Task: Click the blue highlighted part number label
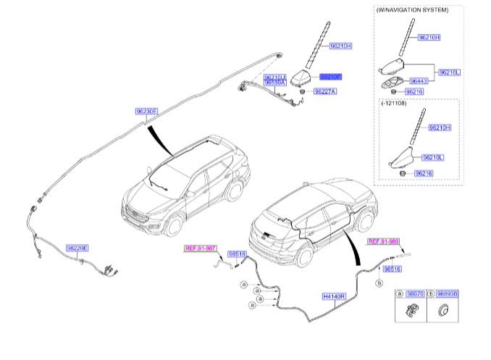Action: tap(330, 75)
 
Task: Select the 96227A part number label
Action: tap(325, 92)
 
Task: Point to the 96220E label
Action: tap(77, 248)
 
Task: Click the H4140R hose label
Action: tap(335, 296)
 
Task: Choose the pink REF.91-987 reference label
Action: tap(201, 248)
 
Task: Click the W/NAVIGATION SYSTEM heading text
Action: tap(412, 10)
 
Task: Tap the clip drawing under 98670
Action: tap(411, 312)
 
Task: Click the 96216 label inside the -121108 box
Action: tap(423, 173)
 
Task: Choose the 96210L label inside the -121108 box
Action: tap(432, 157)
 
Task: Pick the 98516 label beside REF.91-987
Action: tap(238, 254)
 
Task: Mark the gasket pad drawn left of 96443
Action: tap(390, 82)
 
